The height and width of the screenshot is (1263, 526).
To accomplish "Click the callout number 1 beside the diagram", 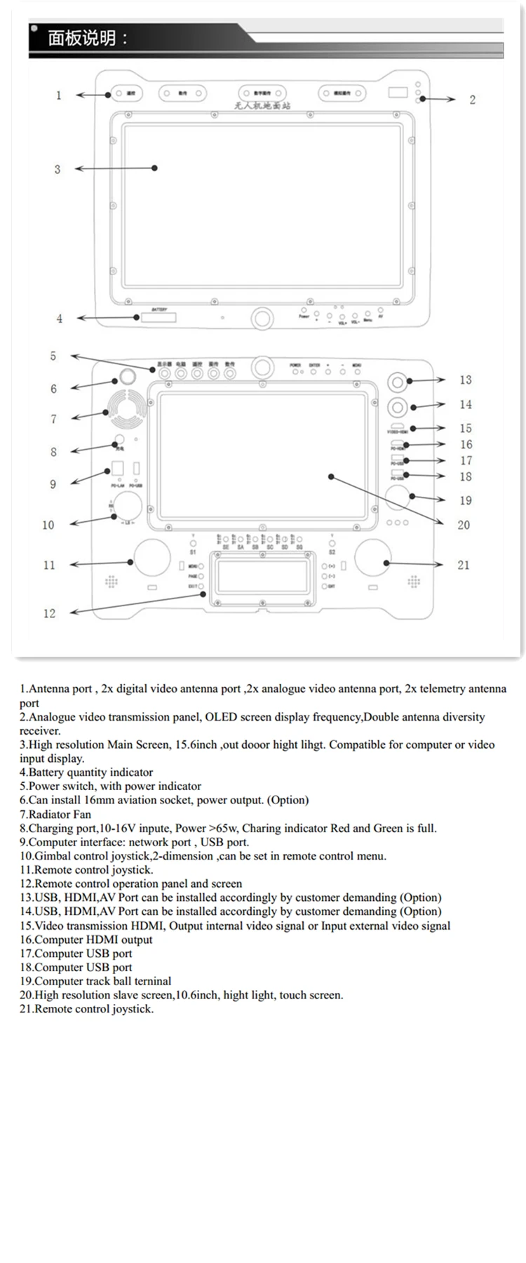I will click(59, 95).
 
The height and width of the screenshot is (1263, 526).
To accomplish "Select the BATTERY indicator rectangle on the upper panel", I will click(159, 318).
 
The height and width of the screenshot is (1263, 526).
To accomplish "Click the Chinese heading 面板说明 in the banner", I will click(81, 38).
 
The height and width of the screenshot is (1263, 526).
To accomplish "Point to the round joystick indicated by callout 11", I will click(151, 559).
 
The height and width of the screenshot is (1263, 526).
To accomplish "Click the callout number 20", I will click(464, 525).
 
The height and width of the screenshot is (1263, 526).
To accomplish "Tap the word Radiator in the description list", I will click(50, 815).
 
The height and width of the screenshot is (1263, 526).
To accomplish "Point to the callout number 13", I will click(466, 380).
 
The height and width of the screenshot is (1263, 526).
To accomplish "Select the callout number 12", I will click(49, 613).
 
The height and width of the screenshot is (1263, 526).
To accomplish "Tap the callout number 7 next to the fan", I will click(53, 419).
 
